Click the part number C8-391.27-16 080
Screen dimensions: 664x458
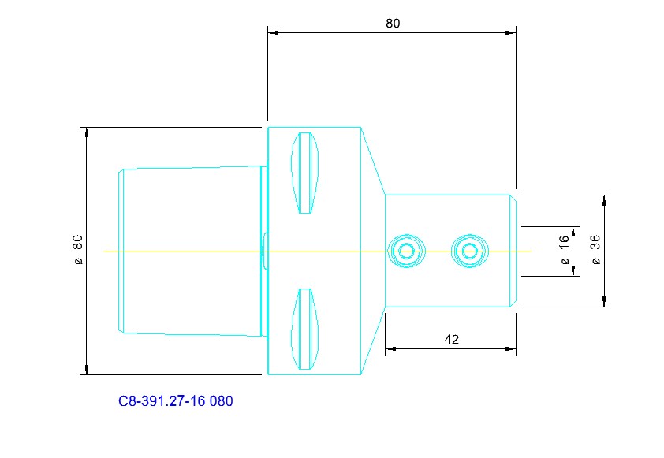tap(175, 401)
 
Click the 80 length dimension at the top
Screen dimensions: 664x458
tap(393, 24)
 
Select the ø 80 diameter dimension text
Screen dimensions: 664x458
tap(78, 250)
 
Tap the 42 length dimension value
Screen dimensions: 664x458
tap(451, 339)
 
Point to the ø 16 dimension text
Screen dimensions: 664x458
tap(565, 250)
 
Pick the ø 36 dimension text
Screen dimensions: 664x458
tap(595, 250)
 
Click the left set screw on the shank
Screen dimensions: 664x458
tap(407, 251)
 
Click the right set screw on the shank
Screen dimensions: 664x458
tap(470, 251)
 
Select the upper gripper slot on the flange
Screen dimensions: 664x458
tap(305, 173)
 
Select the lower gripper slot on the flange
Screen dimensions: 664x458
tap(305, 329)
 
